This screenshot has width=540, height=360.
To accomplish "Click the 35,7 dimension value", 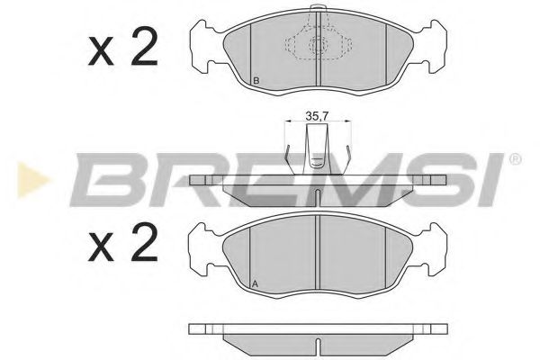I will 313,115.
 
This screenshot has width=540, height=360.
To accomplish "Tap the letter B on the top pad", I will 256,83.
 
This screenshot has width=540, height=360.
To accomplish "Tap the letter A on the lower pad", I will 256,285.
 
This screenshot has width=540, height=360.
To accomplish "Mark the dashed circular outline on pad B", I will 317,47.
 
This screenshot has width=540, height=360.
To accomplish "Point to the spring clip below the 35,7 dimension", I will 315,149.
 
